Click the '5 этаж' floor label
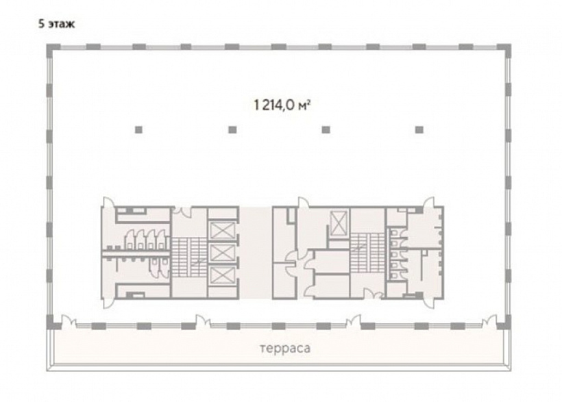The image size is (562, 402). point(57,25)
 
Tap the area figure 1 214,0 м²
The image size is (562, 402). point(282,105)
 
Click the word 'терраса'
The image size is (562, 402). point(285,349)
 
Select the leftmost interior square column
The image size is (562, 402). point(138,129)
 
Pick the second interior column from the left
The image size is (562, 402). point(232,129)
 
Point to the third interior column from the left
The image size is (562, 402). point(326,129)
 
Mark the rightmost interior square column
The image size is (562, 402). point(419,129)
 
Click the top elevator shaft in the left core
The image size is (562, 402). point(222,230)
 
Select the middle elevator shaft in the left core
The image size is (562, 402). point(222,253)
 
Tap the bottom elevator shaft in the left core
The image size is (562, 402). point(222,275)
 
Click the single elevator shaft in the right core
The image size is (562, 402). point(339,223)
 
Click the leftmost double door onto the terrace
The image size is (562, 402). point(69,321)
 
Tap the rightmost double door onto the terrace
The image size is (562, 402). point(489,321)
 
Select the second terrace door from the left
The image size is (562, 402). point(203,321)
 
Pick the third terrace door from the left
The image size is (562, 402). point(354,321)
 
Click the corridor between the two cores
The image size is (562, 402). point(256,253)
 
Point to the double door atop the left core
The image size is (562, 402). point(182,212)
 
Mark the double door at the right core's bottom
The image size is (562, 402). point(373,294)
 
